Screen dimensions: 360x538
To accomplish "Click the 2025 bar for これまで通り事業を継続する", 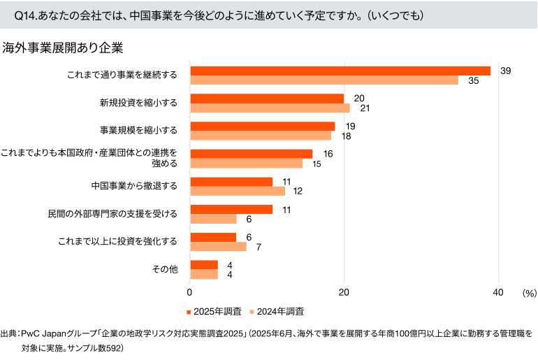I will pos(340,71).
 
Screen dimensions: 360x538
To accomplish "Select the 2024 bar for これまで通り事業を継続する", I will pos(324,80).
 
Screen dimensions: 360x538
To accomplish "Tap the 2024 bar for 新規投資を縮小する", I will pos(270,108).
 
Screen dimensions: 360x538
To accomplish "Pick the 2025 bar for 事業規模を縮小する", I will pos(263,127).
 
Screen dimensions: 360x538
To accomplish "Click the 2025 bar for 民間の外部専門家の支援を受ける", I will pos(231,209).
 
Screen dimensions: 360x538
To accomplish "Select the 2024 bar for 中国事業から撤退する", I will pos(238,191).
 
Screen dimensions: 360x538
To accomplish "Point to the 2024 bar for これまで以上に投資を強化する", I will pos(218,246).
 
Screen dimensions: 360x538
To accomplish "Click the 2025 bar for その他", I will pos(204,265).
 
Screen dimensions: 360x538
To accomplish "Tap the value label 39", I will pos(506,71).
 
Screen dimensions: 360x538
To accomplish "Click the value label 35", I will pos(474,81).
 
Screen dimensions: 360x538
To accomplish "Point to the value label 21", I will pos(365,108).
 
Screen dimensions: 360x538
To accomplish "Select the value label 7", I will pos(259,247).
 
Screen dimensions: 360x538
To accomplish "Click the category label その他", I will pos(165,269).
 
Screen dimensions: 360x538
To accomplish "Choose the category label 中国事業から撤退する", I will pos(134,186).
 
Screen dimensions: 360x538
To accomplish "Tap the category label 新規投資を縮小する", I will pos(139,103).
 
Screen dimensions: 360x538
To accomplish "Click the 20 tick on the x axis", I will pos(344,292).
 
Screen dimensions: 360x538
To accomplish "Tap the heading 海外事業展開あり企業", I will pos(62,48).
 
